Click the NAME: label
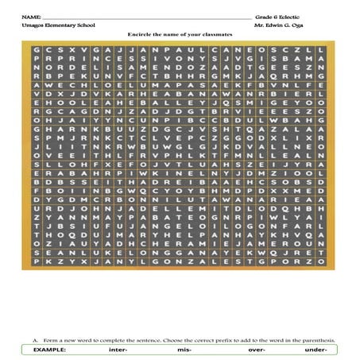pos(31,16)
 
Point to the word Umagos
pos(33,26)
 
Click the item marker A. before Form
pos(36,340)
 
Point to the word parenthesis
pos(318,340)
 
